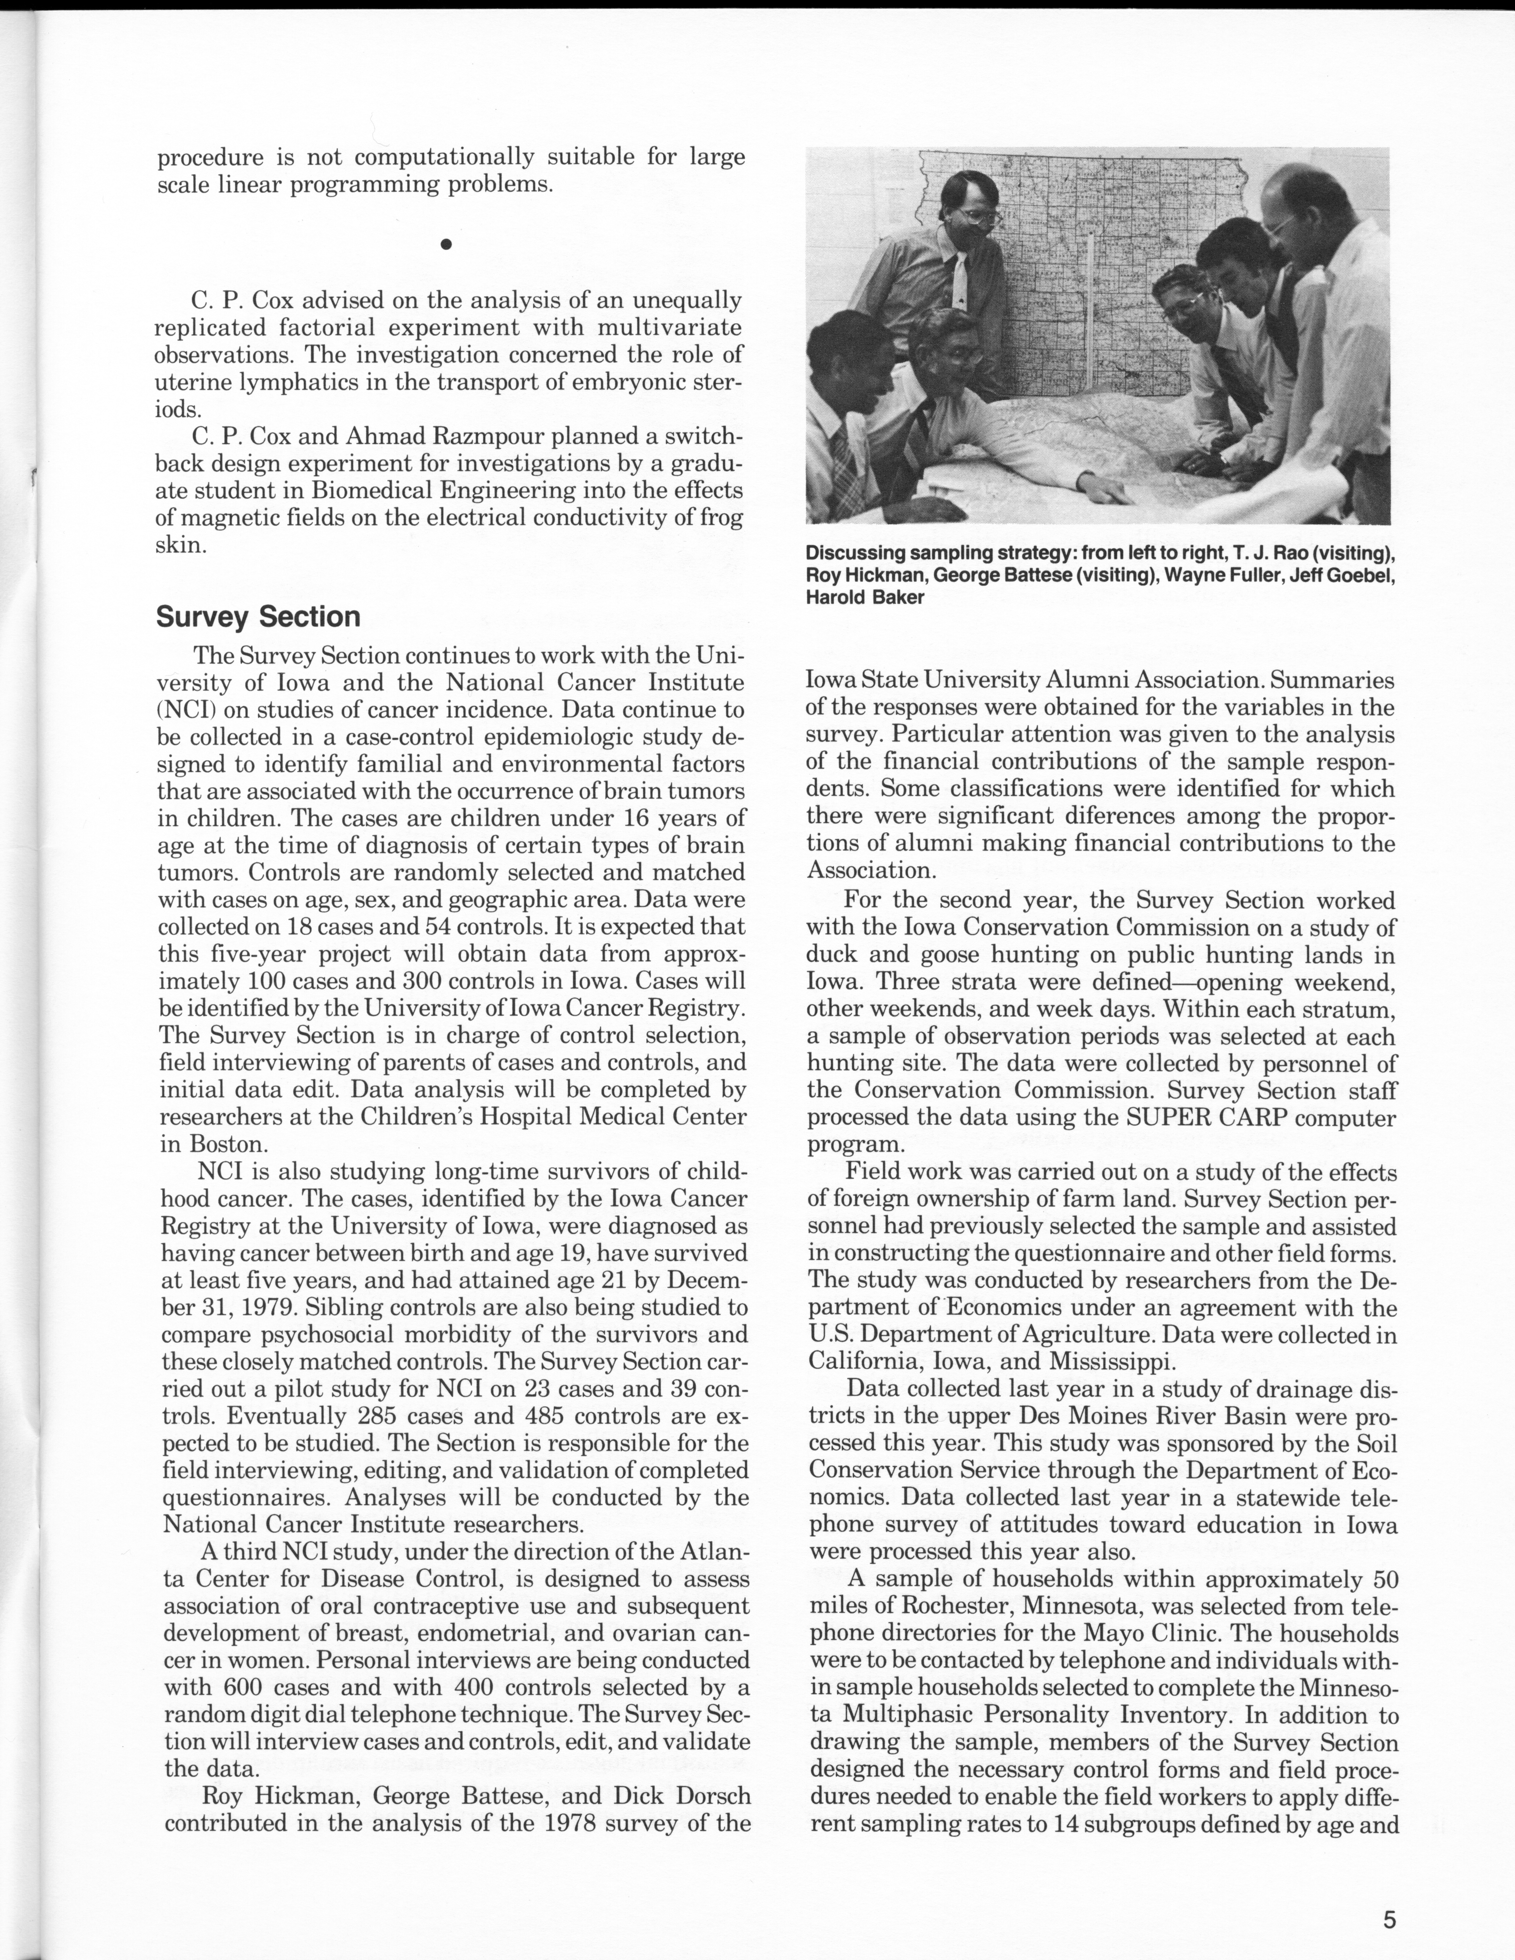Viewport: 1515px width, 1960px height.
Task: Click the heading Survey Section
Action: [x=258, y=617]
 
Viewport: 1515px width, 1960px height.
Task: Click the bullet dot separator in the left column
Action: [x=446, y=243]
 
